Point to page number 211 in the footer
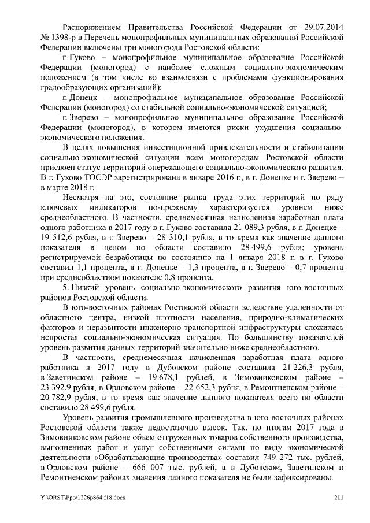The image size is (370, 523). tap(339, 498)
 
